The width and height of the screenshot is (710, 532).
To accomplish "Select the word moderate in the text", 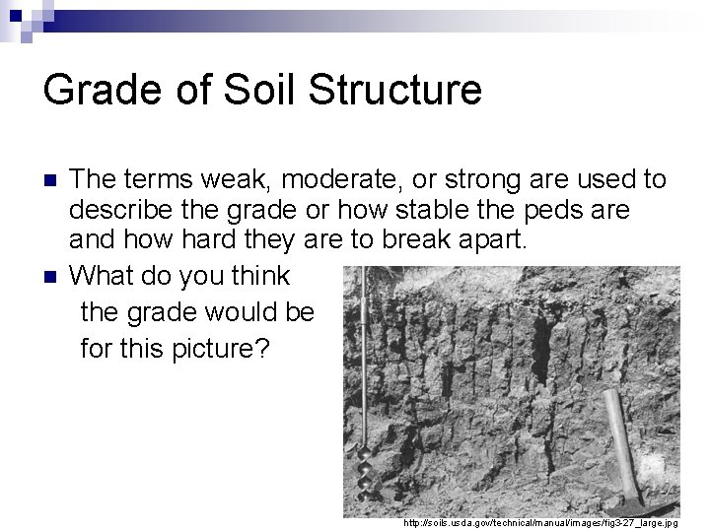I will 319,179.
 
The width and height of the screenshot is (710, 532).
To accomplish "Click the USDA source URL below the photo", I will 538,521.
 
